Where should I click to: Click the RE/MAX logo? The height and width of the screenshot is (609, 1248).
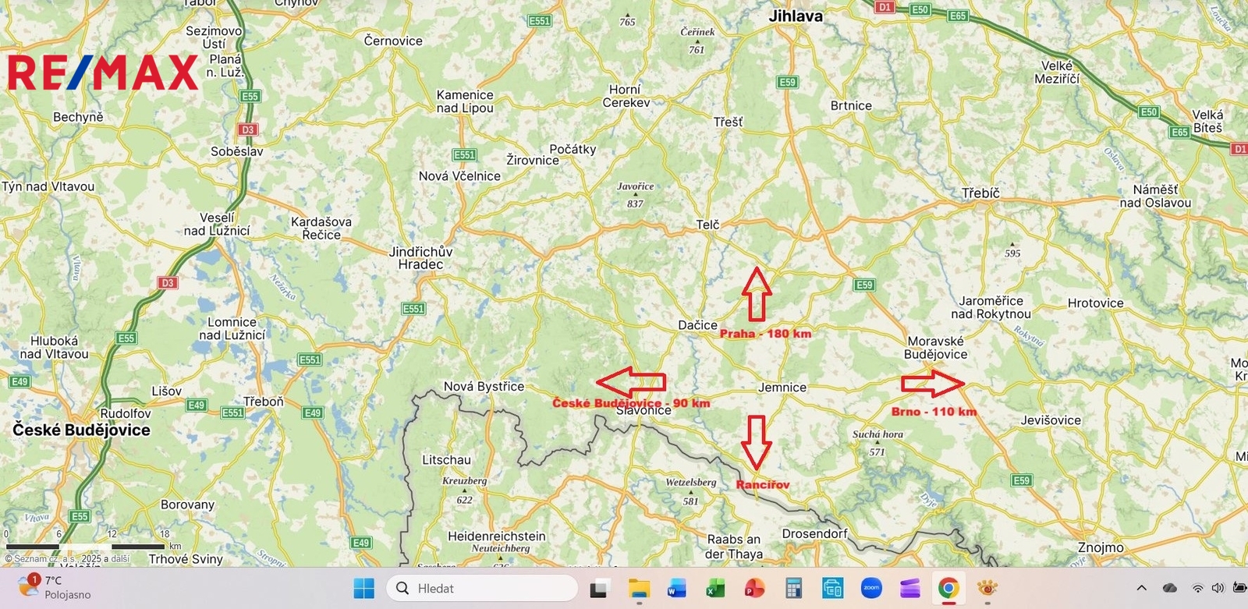(x=102, y=73)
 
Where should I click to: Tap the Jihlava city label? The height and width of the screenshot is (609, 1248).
(x=795, y=16)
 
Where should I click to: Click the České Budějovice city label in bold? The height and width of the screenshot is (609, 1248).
(x=81, y=430)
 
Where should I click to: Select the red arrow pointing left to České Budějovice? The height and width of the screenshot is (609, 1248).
(x=631, y=381)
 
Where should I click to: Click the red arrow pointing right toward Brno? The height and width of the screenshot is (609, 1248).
(x=933, y=384)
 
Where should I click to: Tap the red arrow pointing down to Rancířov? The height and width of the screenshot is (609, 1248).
(x=756, y=441)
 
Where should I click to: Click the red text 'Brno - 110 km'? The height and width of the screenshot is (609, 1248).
(x=934, y=412)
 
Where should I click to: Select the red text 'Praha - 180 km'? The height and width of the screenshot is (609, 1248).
(x=765, y=334)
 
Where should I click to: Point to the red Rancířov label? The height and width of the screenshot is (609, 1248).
(x=763, y=484)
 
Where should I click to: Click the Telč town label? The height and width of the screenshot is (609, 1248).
(x=707, y=225)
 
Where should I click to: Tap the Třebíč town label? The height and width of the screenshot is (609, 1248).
(x=980, y=193)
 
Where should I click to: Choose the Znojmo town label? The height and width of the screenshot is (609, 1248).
(x=1101, y=547)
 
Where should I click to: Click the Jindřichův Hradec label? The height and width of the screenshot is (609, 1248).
(x=420, y=258)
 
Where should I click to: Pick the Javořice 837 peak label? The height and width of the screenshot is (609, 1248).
(x=635, y=194)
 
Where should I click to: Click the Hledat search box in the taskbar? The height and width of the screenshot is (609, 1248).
(x=483, y=588)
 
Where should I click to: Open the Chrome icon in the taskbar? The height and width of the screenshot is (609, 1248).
(x=948, y=588)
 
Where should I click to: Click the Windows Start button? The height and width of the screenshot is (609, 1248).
(x=363, y=588)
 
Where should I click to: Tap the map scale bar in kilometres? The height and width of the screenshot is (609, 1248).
(x=86, y=546)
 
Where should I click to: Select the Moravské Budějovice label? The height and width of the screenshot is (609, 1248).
(x=935, y=348)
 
